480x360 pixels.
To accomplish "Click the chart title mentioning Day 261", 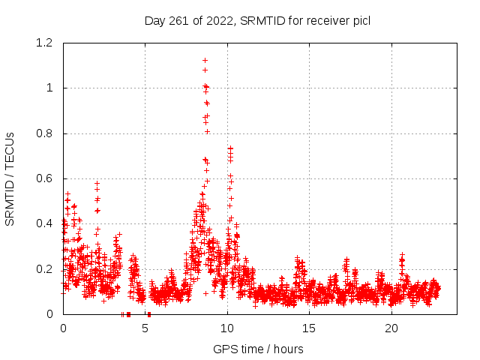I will [257, 20].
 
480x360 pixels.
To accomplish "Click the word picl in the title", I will [361, 20].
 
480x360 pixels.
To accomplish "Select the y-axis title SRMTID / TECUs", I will [10, 178].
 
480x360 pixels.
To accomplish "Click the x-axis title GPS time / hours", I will [258, 349].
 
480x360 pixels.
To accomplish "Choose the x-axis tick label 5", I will [145, 328].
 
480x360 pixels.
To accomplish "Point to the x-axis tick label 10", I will [227, 328].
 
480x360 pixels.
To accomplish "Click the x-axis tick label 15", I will [310, 328].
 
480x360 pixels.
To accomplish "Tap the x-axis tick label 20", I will [391, 328].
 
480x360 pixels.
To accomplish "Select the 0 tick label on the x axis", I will [63, 328].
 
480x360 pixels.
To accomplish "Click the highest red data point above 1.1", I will [205, 60].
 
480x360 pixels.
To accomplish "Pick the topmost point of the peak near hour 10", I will [230, 148].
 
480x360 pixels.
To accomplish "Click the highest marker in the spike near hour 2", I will [97, 182].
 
